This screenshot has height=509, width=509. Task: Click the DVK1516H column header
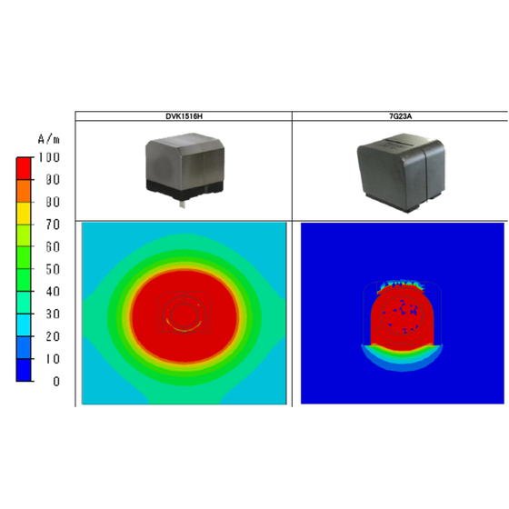point(184,116)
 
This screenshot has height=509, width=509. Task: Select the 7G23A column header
point(401,116)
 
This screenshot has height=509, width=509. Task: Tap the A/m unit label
point(49,139)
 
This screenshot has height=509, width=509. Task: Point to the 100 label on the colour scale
point(49,157)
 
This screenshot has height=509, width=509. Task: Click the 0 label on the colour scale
point(56,381)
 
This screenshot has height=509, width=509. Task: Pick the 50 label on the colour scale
point(53,269)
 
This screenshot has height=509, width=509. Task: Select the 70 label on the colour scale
point(53,225)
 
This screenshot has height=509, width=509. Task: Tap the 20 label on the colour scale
point(53,336)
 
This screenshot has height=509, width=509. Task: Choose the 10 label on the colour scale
point(53,359)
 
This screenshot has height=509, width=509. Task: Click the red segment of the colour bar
point(24,168)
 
